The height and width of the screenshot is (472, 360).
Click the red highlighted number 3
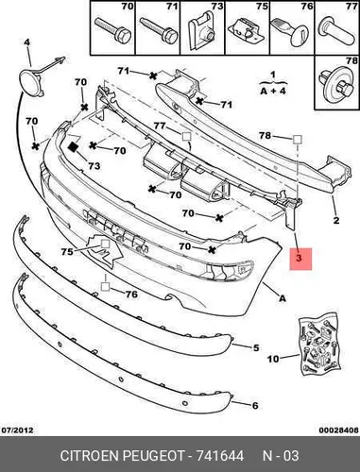coord(299,259)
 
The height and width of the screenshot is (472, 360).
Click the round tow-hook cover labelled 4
coord(32,83)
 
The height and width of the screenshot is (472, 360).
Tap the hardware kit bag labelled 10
coord(319,344)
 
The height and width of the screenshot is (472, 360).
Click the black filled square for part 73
coord(74,147)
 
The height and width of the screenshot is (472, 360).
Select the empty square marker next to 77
coord(186,137)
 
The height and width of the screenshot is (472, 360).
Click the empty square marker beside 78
coord(297,139)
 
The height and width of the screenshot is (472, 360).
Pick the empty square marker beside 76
coord(105,286)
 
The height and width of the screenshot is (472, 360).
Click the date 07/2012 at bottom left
coord(18,430)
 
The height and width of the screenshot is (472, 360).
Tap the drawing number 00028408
coord(338,430)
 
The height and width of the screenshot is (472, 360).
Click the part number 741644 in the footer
coord(220,456)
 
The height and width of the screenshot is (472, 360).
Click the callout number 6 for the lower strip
coord(255,405)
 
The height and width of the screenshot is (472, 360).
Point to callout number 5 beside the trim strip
coord(256,347)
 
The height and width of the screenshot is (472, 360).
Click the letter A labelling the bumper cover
coord(283,297)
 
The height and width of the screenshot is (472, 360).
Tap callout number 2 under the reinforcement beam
coord(336,220)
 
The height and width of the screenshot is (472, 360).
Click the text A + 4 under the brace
coord(273,91)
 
